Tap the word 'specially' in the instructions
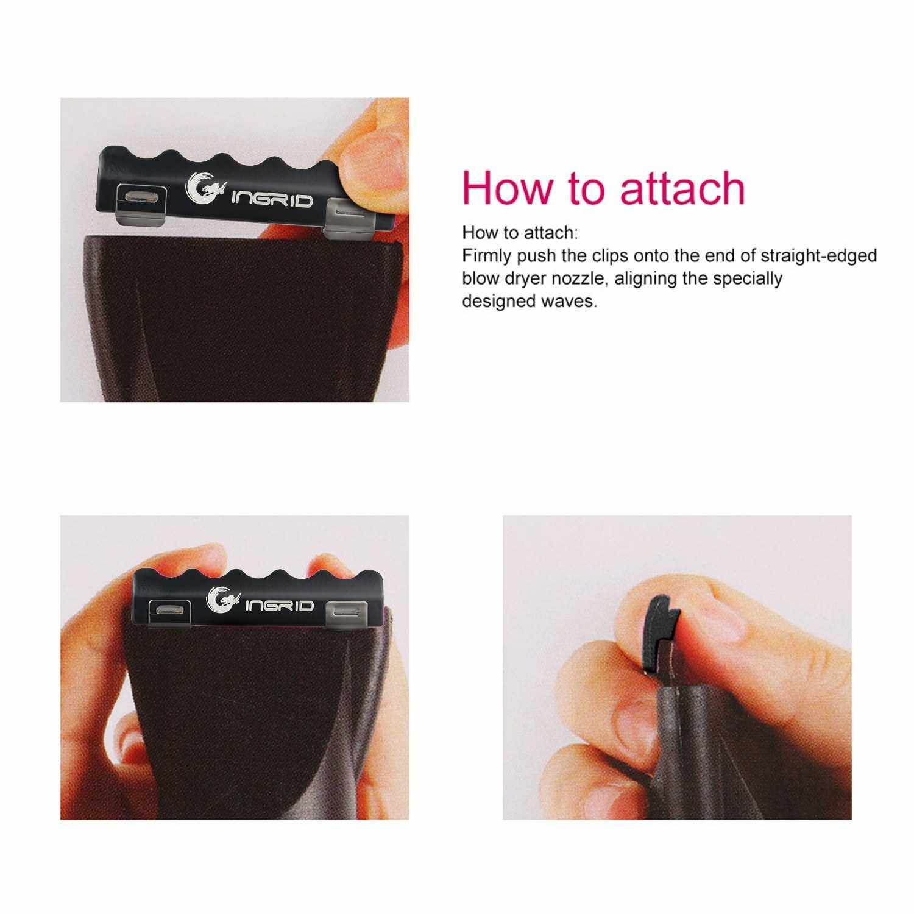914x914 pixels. click(x=747, y=279)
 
